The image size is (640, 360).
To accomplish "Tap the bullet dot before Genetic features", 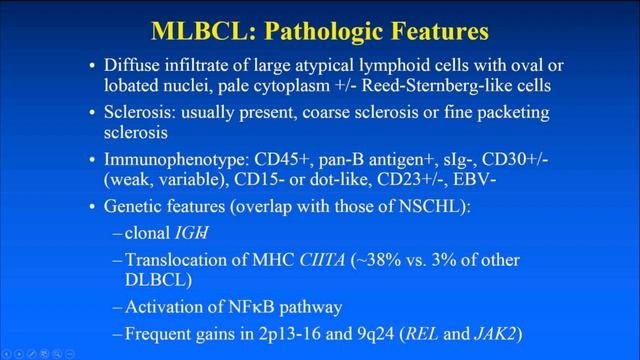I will click(94, 207).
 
